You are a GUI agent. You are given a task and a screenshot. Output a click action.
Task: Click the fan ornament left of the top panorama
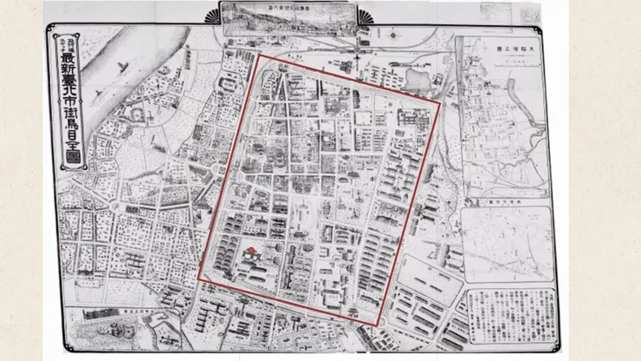tap(211, 16)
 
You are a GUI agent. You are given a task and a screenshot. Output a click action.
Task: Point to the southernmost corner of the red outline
tap(379, 325)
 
